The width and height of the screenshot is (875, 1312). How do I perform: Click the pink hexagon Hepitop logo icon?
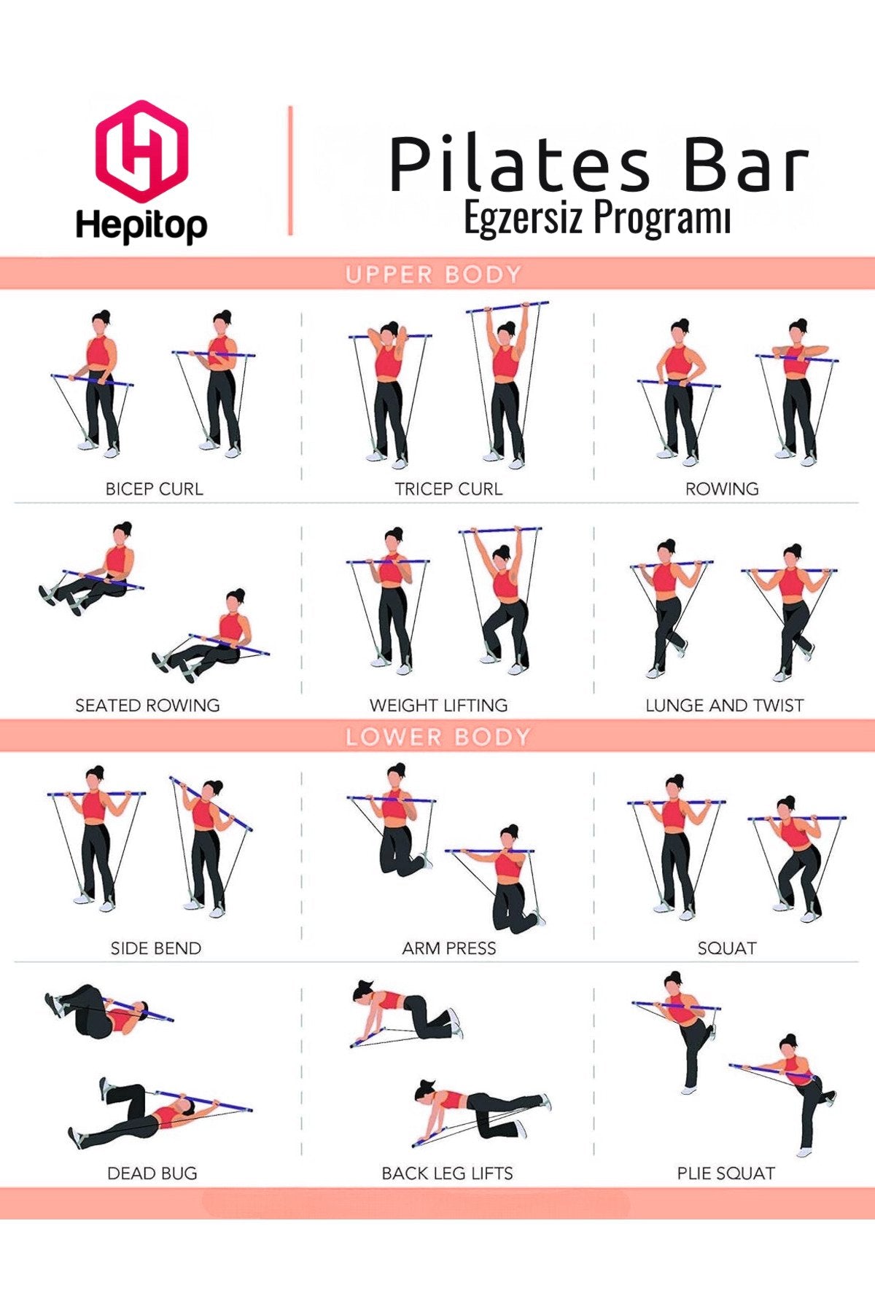(x=141, y=151)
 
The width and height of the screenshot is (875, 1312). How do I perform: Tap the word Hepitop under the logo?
(x=141, y=225)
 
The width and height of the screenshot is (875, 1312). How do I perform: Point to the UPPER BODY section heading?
(x=434, y=275)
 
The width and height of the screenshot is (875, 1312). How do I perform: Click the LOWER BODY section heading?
(x=437, y=737)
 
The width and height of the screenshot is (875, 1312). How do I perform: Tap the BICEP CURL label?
(x=154, y=489)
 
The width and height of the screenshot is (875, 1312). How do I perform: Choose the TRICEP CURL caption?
(x=448, y=489)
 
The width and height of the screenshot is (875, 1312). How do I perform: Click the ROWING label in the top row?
(x=722, y=489)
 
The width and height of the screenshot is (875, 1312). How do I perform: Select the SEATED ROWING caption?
(x=147, y=706)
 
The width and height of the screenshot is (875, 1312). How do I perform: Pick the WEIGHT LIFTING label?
(x=438, y=706)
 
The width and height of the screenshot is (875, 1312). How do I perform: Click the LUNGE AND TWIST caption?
(x=724, y=706)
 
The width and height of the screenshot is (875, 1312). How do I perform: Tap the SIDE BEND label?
(x=155, y=948)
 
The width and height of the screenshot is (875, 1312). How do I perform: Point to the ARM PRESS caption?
(x=449, y=948)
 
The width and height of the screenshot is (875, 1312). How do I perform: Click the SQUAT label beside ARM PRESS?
(x=727, y=948)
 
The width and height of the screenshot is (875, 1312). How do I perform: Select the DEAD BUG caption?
(x=152, y=1174)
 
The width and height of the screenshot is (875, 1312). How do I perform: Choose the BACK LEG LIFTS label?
(x=447, y=1174)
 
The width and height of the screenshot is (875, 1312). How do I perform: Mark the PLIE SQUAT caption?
(x=726, y=1174)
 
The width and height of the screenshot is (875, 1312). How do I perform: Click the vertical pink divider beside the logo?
(x=290, y=171)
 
